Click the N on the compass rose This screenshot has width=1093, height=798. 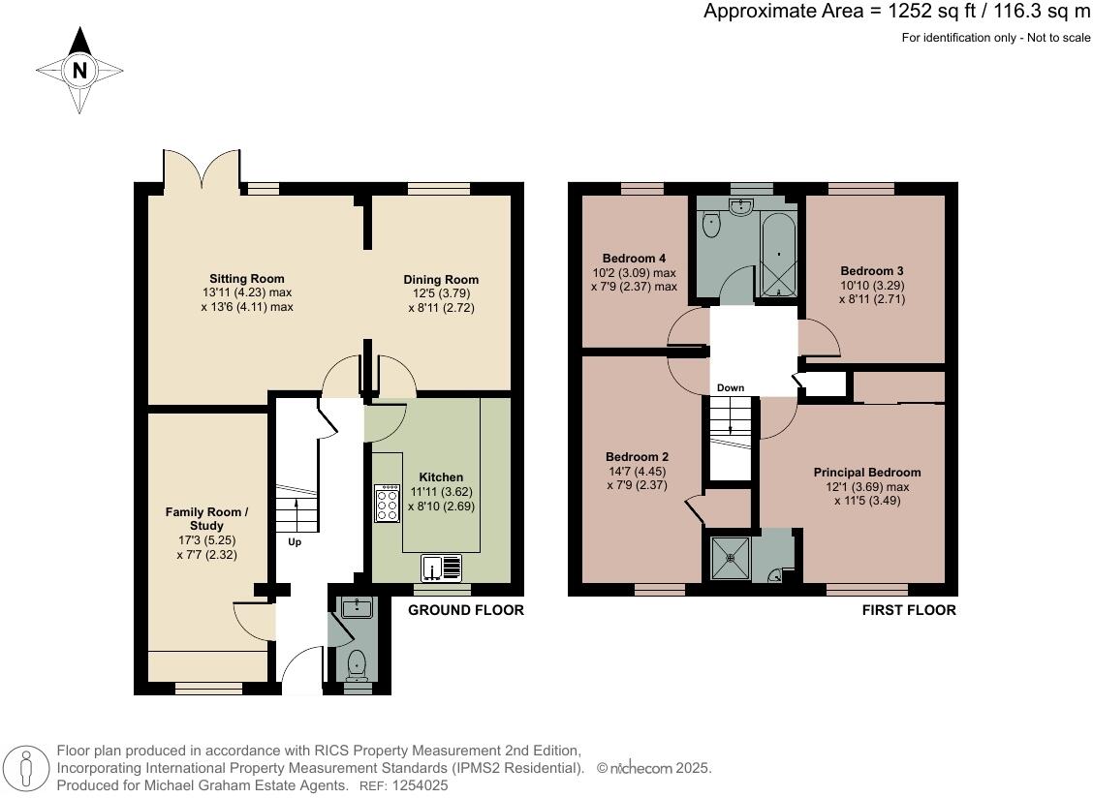[79, 70]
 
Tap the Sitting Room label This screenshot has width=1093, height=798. [247, 279]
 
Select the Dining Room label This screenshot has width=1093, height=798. [441, 280]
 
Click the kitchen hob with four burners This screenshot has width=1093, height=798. [388, 504]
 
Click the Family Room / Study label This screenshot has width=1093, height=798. [206, 518]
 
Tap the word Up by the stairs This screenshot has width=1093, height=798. [295, 542]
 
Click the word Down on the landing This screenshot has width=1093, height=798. [731, 388]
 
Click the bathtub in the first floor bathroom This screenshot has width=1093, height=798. [778, 255]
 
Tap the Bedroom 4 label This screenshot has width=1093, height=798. [634, 259]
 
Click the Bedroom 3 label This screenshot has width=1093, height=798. [872, 270]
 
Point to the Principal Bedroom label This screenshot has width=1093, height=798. [866, 473]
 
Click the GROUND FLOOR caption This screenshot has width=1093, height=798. [465, 610]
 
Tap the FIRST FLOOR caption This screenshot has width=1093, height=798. [909, 610]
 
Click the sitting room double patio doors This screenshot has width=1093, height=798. [201, 172]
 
